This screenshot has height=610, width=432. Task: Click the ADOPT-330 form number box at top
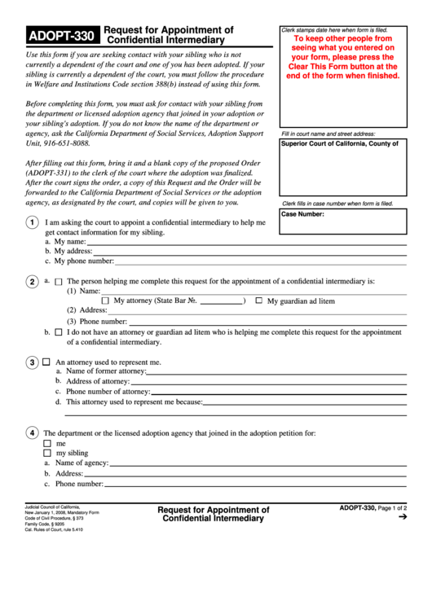(62, 35)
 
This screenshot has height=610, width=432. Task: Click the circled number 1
(30, 224)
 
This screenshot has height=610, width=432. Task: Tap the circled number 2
(30, 282)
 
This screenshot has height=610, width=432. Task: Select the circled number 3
(30, 362)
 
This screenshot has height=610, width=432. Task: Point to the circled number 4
(30, 432)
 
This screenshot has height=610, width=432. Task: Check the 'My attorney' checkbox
(105, 301)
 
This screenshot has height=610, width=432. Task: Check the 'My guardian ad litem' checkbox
(258, 301)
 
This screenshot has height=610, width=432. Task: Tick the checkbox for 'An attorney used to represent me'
(46, 361)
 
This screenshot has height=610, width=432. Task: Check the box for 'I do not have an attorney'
(58, 332)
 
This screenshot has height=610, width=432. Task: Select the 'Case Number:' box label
(302, 215)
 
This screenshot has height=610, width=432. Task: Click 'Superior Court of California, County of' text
(339, 143)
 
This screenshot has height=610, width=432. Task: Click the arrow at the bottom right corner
(401, 516)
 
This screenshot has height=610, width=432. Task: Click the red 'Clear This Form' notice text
(342, 56)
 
